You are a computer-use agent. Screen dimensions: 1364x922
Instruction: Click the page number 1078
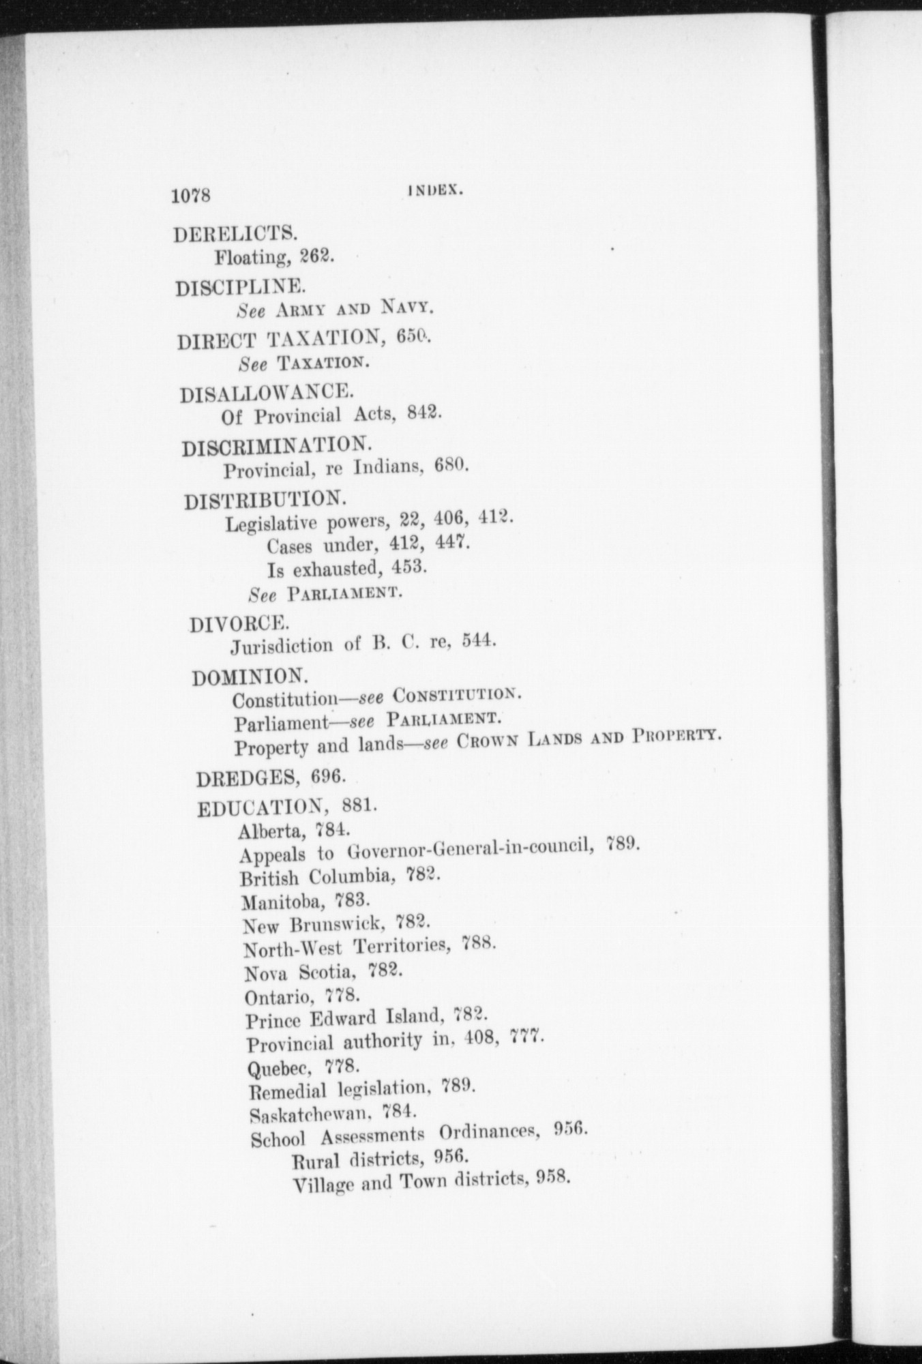click(193, 196)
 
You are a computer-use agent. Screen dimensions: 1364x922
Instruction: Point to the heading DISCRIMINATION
click(277, 446)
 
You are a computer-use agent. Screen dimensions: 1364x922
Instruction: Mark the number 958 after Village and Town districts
click(552, 1178)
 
